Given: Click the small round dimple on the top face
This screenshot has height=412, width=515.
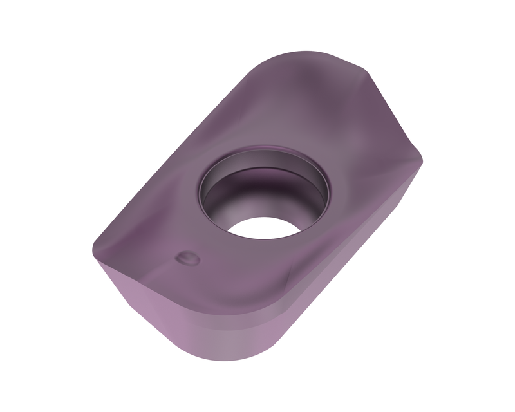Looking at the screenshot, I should pyautogui.click(x=187, y=259).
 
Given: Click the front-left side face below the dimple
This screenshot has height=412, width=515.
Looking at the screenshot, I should pyautogui.click(x=161, y=309).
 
